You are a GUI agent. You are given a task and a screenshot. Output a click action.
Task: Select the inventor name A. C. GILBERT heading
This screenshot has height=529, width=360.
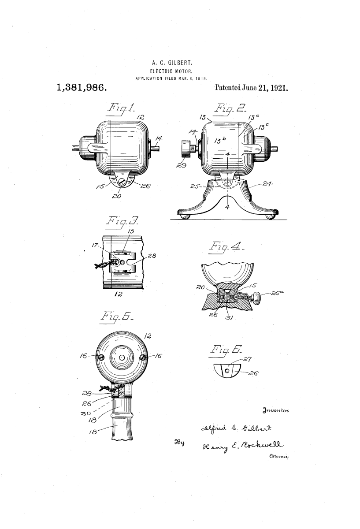[x=172, y=63]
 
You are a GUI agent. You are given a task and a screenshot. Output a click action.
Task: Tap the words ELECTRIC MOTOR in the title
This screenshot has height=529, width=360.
[x=171, y=71]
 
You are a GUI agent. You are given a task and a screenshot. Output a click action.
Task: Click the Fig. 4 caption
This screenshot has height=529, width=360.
[x=226, y=247]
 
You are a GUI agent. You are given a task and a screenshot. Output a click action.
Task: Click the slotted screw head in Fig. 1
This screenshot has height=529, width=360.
[x=122, y=182]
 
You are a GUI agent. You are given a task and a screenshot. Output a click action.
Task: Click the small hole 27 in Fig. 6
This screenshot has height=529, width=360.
[x=227, y=371]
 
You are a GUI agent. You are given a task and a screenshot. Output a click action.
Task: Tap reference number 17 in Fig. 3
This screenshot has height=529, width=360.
[x=95, y=245]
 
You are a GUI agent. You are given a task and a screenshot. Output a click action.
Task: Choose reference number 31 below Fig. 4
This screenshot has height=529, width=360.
[x=229, y=318]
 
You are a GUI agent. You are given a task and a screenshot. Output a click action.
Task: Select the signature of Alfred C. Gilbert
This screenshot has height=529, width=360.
[x=236, y=428]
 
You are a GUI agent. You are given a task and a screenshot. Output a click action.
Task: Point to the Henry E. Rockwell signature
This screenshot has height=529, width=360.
[x=242, y=446]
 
